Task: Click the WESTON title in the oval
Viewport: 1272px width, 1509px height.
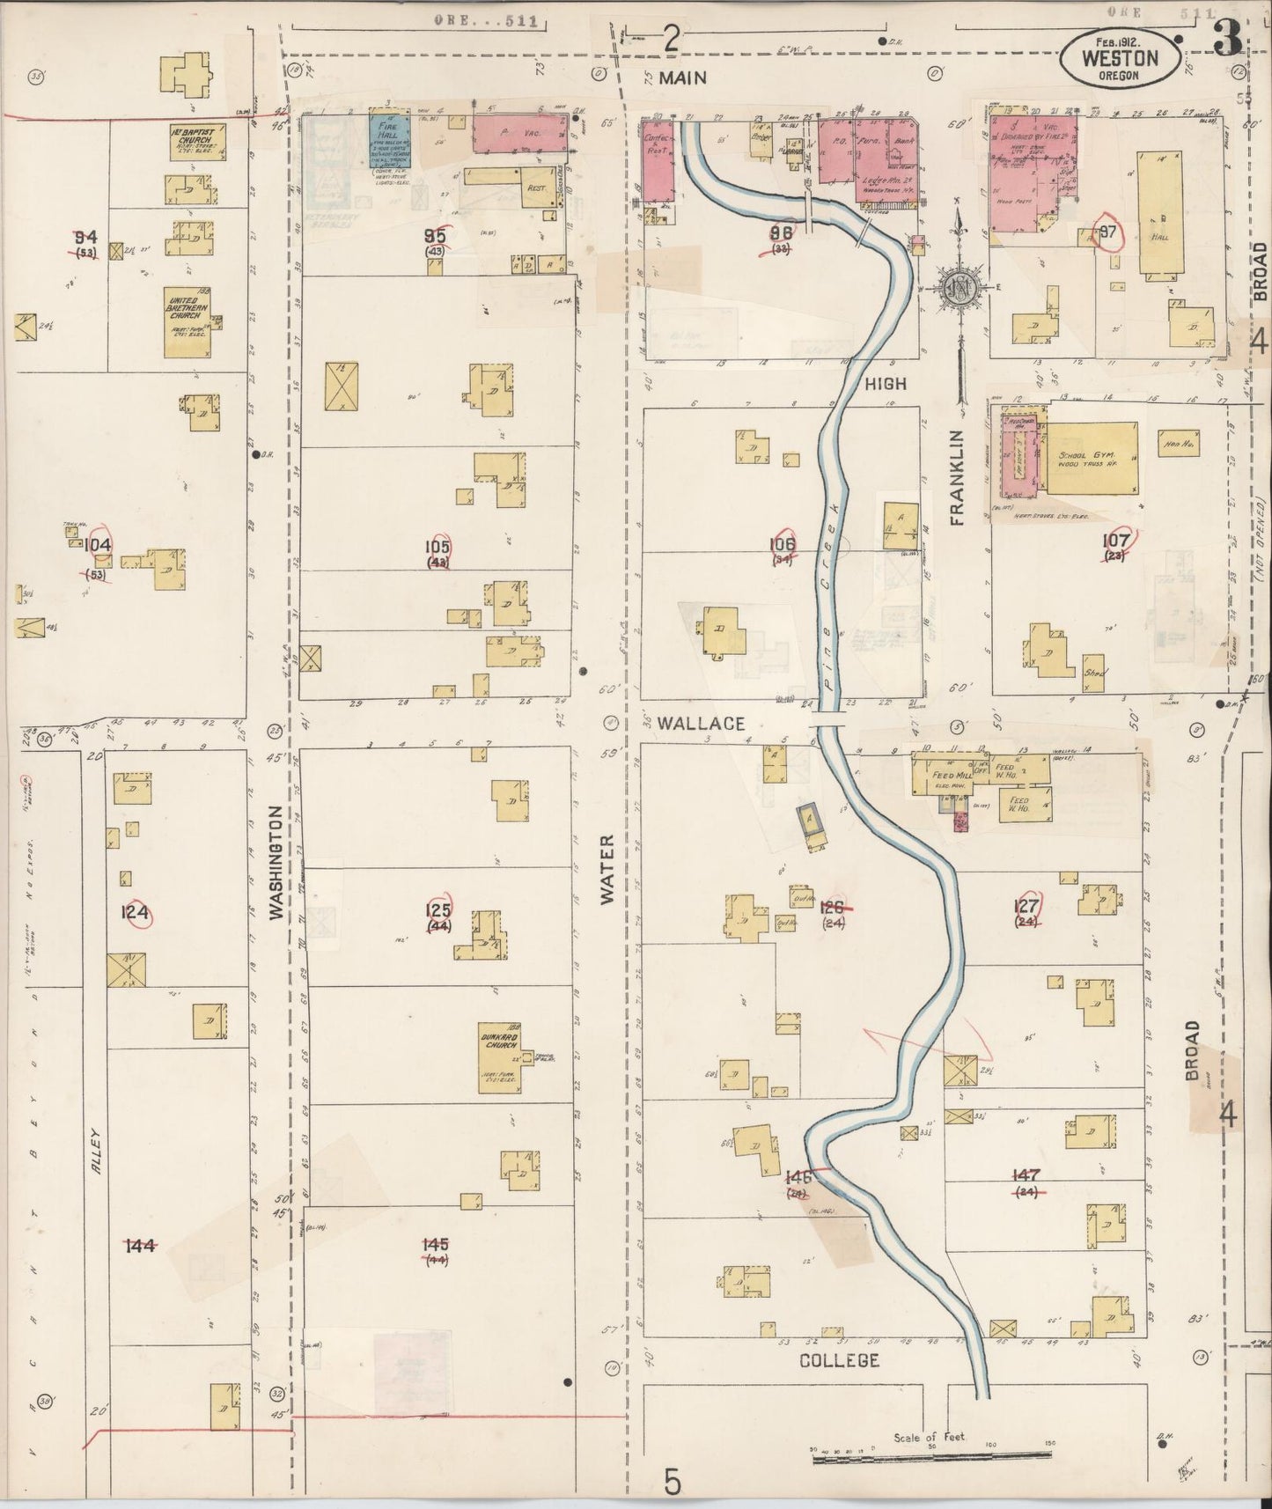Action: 1119,59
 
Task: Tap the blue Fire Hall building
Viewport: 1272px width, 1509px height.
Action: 389,140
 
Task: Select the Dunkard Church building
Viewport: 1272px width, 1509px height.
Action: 499,1056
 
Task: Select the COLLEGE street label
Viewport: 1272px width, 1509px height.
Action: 839,1360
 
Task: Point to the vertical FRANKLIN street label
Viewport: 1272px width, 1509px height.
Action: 958,478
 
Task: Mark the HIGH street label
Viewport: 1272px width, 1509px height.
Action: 885,384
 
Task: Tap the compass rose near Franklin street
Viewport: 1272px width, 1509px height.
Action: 957,288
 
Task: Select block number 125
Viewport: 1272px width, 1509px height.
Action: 438,910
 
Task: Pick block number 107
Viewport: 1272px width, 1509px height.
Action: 1116,540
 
